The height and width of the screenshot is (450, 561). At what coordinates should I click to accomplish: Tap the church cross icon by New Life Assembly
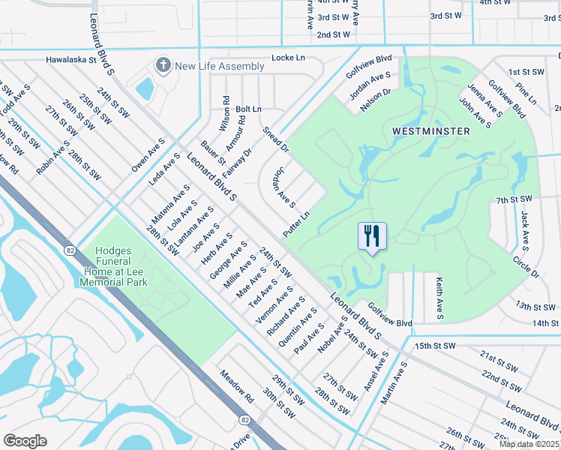[x=163, y=66]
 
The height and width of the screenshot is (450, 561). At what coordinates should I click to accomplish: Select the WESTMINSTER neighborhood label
[x=430, y=131]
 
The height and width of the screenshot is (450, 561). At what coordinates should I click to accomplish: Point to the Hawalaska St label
[x=72, y=59]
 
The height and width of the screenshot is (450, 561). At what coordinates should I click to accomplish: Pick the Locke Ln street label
[x=288, y=58]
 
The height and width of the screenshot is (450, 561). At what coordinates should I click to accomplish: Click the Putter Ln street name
[x=296, y=225]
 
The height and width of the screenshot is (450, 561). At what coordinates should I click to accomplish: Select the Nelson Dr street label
[x=376, y=100]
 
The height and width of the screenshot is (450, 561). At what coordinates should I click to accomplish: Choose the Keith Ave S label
[x=439, y=297]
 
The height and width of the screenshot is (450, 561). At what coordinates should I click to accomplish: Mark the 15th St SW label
[x=435, y=346]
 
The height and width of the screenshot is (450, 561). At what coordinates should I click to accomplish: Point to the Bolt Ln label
[x=248, y=109]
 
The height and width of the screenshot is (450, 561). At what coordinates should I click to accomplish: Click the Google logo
[x=25, y=441]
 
